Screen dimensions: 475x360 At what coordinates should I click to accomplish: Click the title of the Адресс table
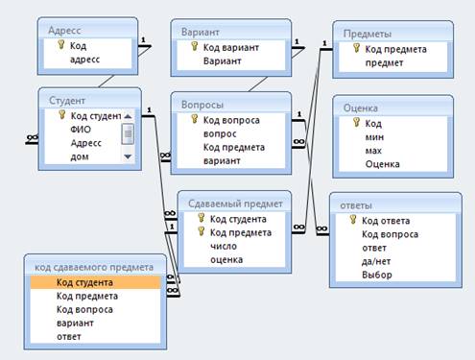point(64,31)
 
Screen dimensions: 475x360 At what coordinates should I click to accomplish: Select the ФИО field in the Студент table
point(81,130)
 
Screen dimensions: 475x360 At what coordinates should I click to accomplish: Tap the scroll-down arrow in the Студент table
point(128,156)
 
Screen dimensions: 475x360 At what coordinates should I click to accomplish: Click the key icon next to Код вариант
point(194,46)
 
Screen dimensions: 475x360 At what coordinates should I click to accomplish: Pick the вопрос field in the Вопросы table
point(220,133)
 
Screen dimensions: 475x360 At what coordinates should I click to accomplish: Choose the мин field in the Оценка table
point(374,137)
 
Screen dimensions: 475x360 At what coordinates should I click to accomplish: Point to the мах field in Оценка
point(373,151)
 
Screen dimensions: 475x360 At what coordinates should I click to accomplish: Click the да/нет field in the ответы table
point(376,261)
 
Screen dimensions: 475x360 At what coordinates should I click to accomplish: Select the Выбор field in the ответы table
point(377,275)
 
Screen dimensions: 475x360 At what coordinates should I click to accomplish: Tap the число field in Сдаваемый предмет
point(224,246)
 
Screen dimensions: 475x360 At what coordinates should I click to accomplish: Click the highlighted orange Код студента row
point(95,282)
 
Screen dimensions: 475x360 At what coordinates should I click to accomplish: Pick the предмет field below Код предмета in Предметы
point(384,63)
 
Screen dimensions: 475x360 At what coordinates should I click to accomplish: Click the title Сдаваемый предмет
point(235,204)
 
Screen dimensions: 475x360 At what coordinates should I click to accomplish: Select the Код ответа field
point(386,221)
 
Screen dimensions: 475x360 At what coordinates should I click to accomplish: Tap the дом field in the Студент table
point(80,156)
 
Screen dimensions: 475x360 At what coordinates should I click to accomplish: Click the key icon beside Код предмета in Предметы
point(356,48)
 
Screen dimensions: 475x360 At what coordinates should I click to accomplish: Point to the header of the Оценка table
point(361,108)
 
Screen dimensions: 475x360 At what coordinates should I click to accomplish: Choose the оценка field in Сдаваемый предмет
point(226,259)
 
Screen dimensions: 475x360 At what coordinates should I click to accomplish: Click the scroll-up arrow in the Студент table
point(128,116)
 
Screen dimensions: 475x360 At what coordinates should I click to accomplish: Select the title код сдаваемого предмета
point(94,267)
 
